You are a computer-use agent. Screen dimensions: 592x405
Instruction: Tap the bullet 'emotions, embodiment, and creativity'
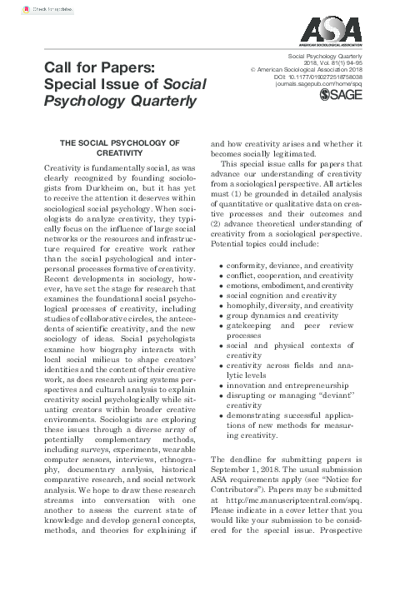(291, 286)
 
